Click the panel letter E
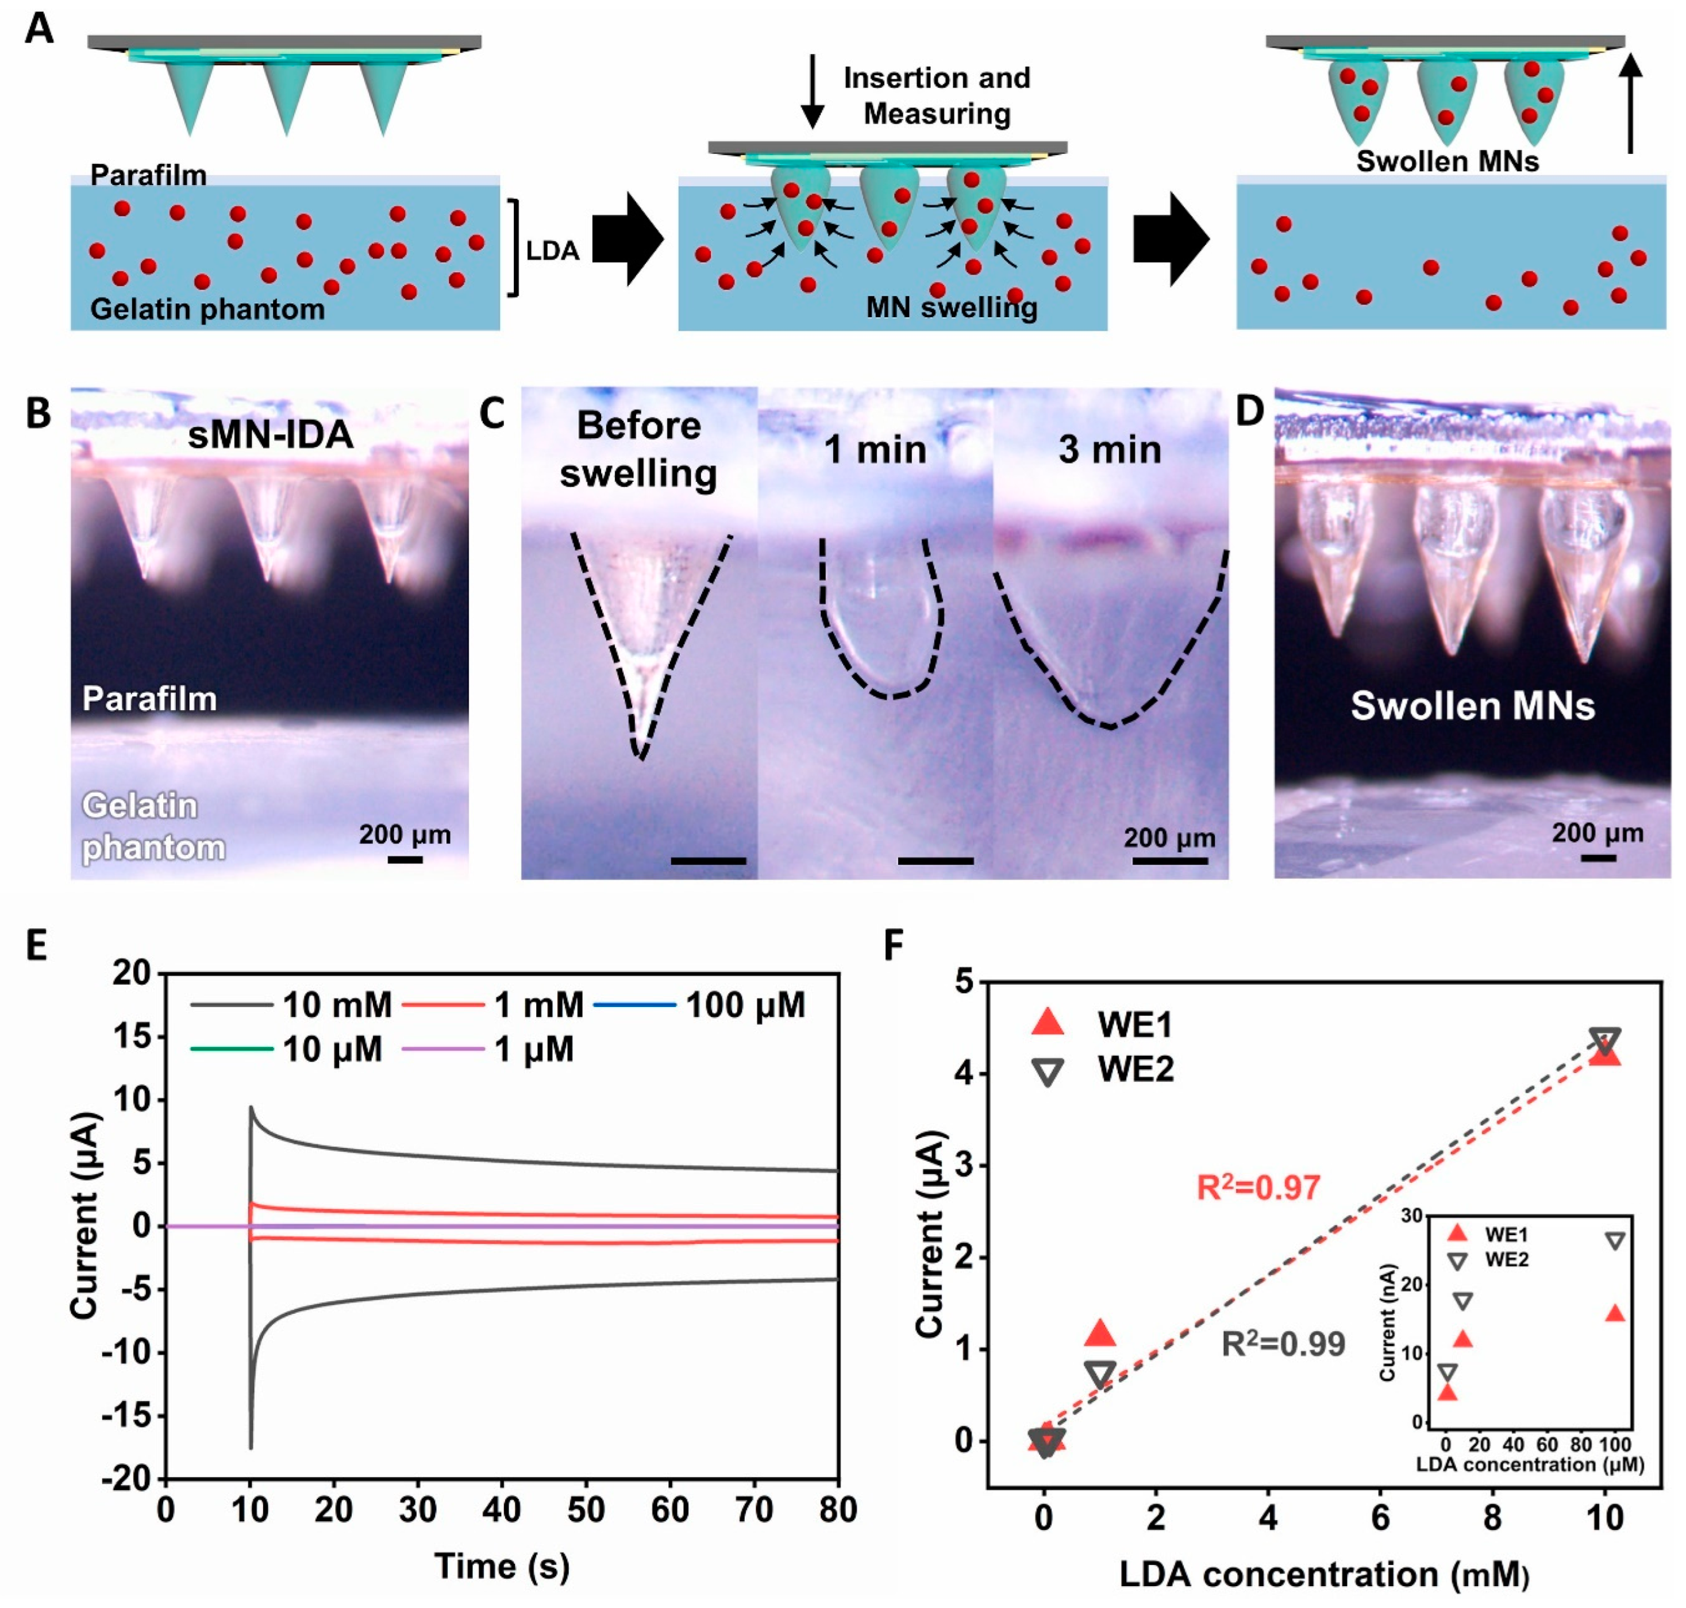point(36,946)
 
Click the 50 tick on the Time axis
point(586,1509)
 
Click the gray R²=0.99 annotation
point(1283,1344)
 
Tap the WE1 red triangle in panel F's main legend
point(1048,1023)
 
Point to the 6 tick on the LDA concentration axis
point(1380,1518)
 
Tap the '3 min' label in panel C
point(1110,449)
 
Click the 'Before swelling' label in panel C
point(638,449)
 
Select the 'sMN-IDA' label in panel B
point(270,434)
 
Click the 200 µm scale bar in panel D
point(1598,857)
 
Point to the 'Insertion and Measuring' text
point(937,95)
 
